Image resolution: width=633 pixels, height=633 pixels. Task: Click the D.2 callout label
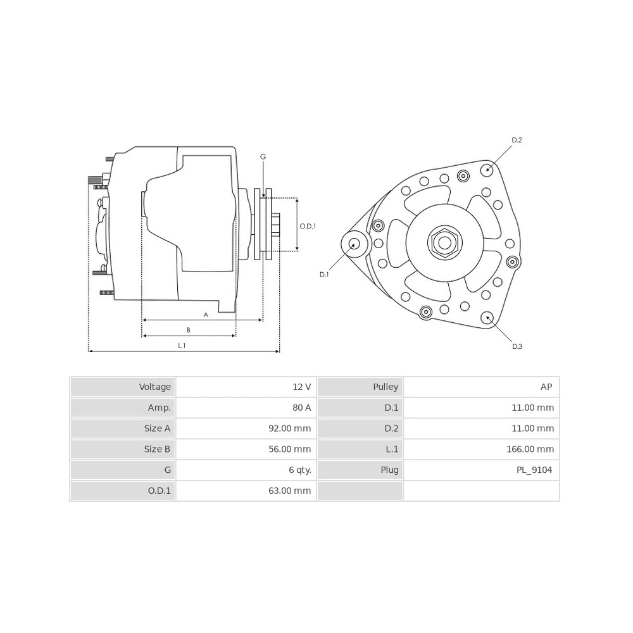(517, 140)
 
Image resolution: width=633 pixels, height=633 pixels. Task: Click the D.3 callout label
(517, 346)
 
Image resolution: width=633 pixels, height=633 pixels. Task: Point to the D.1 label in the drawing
(324, 275)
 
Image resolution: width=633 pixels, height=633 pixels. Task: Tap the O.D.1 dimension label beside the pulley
(308, 226)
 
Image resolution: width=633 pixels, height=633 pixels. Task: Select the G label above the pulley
(263, 156)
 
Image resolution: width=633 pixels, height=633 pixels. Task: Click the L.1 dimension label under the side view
(182, 346)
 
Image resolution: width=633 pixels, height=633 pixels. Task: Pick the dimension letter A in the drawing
(206, 315)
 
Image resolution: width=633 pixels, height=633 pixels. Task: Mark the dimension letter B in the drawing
(189, 330)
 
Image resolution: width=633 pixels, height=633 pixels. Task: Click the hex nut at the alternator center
(445, 243)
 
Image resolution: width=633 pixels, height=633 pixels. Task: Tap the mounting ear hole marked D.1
(354, 244)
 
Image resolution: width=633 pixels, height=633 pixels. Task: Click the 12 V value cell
(302, 387)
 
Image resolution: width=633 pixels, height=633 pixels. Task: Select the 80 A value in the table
(302, 408)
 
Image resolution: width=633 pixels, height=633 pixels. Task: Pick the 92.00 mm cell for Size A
(290, 429)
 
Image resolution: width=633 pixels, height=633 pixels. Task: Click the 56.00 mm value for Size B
(290, 449)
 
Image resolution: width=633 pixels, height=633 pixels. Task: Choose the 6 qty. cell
(300, 470)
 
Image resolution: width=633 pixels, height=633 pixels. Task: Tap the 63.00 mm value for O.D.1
(290, 491)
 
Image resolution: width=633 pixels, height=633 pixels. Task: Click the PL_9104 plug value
(534, 470)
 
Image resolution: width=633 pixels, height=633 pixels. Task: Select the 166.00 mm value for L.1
(530, 449)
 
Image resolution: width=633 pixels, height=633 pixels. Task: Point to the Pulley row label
(385, 387)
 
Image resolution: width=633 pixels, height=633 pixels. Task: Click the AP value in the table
(546, 387)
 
